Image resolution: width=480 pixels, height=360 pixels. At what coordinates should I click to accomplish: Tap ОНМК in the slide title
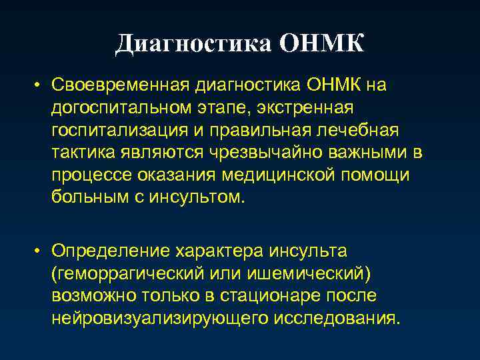(x=322, y=44)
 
